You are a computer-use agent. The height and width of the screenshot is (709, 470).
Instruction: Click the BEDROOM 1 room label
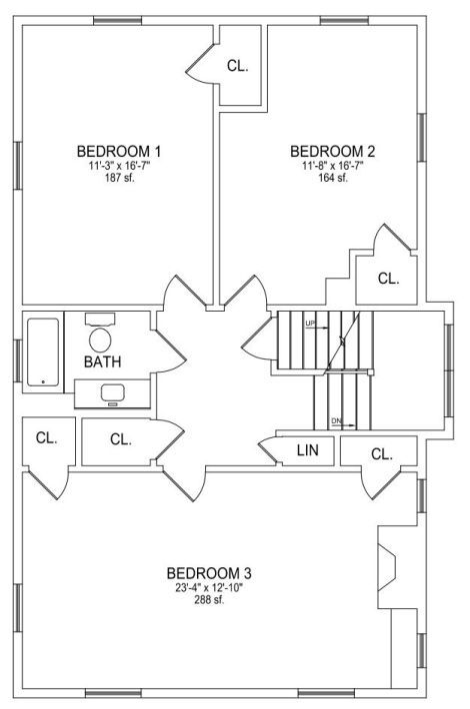click(119, 151)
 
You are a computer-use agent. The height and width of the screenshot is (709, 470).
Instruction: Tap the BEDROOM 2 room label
click(333, 151)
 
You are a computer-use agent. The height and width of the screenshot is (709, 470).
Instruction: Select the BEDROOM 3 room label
click(209, 573)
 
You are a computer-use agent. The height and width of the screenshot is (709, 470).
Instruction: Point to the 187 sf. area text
click(119, 178)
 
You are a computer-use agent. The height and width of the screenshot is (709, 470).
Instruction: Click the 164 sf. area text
click(333, 178)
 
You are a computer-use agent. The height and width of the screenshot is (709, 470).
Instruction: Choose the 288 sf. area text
click(209, 600)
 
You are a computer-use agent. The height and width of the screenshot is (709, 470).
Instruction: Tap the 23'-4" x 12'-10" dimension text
click(209, 588)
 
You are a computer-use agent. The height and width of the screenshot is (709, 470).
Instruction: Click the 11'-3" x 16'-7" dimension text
click(119, 166)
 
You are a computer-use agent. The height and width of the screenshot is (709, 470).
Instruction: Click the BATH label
click(103, 361)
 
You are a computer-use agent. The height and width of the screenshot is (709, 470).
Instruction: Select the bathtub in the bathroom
click(43, 353)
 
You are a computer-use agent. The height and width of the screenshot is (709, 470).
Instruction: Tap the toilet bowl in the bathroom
click(101, 340)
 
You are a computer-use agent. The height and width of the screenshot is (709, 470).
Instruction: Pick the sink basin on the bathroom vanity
click(113, 392)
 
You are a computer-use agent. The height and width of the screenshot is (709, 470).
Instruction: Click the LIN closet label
click(308, 450)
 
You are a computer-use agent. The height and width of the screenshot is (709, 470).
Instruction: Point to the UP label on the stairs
click(310, 323)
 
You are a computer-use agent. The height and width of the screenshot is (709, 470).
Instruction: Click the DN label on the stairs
click(336, 421)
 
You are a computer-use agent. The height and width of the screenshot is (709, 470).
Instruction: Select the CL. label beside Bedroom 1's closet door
click(238, 66)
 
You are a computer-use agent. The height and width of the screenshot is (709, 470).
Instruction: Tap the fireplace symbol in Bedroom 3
click(387, 567)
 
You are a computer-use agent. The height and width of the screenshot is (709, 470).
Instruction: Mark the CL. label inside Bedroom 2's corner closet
click(388, 279)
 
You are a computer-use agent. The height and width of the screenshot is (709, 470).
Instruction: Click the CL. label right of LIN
click(382, 454)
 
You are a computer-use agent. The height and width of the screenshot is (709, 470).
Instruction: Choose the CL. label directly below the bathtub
click(47, 437)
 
